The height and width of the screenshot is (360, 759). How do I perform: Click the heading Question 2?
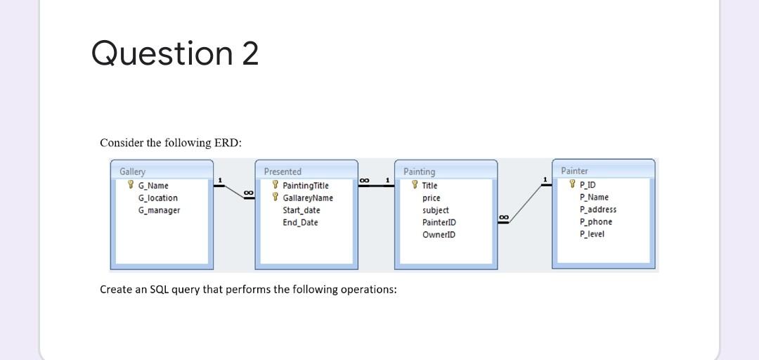coord(175,54)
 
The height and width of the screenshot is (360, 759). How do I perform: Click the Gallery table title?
coord(132,172)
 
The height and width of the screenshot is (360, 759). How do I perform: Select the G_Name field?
coord(153,186)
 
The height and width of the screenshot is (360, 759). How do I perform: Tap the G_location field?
coord(157,198)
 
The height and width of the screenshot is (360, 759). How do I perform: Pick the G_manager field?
coord(159,210)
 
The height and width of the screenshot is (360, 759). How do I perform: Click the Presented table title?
coord(283,172)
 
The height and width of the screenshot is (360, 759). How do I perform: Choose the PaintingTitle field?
coord(305,186)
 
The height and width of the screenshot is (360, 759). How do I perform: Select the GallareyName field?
coord(307,198)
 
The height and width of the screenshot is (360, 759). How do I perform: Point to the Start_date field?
coord(301,210)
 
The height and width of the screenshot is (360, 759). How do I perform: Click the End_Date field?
coord(300,222)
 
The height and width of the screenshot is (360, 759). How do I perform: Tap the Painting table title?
coord(419,172)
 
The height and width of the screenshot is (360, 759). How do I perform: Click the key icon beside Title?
coord(415,186)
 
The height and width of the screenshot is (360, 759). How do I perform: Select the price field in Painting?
coord(431,198)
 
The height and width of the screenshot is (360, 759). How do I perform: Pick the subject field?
coord(435,210)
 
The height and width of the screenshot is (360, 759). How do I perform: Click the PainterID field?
coord(439,222)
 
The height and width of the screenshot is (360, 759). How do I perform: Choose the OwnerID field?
coord(439,234)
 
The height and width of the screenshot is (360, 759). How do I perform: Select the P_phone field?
coord(595,221)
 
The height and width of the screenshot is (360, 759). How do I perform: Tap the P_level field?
coord(592,233)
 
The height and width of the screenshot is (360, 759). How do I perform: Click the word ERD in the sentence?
coord(230,143)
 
